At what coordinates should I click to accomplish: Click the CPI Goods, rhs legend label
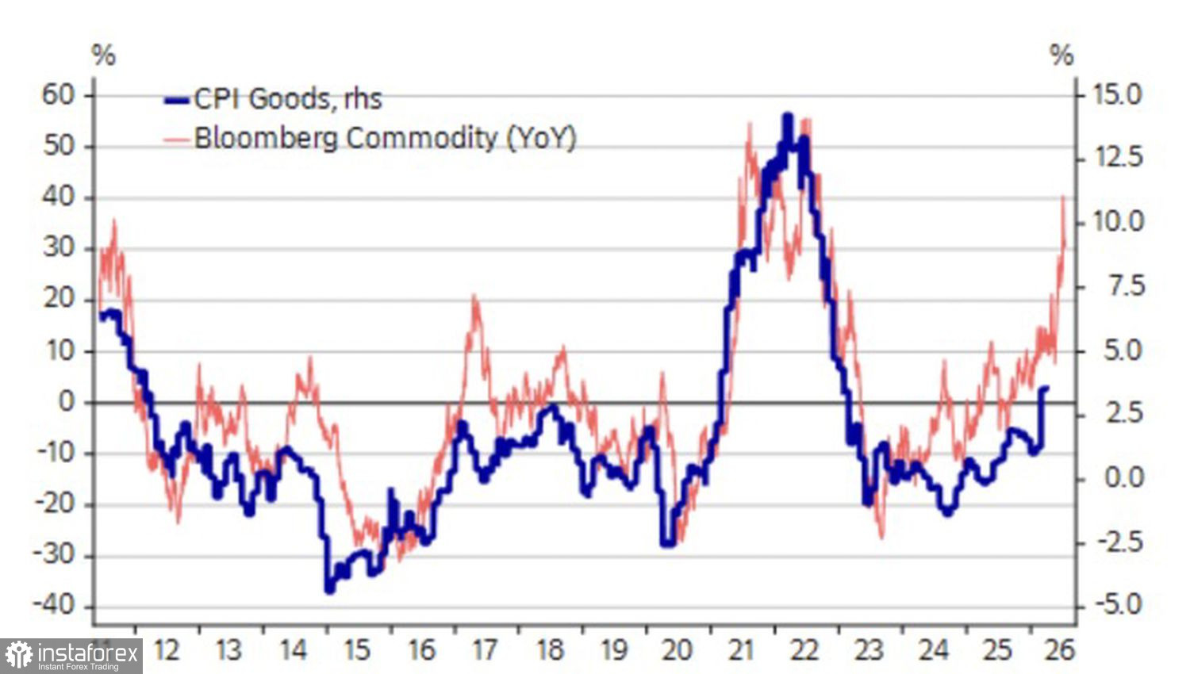(288, 99)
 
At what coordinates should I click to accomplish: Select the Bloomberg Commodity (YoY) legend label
(385, 138)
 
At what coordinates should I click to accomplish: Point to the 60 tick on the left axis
(58, 95)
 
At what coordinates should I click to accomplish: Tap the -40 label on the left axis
(53, 606)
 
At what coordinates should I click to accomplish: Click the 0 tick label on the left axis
(67, 402)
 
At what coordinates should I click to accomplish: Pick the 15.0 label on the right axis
(1118, 95)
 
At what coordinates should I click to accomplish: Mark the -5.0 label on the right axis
(1118, 605)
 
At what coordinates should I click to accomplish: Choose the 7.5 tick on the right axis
(1124, 286)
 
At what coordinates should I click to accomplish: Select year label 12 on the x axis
(165, 650)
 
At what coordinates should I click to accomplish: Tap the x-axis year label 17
(485, 650)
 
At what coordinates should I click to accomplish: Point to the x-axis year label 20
(676, 650)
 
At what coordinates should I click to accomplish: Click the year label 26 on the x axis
(1059, 650)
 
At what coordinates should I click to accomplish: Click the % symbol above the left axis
(104, 56)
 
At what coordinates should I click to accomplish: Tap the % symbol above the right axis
(1061, 56)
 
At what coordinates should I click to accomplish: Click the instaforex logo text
(88, 655)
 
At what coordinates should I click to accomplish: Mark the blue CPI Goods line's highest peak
(787, 116)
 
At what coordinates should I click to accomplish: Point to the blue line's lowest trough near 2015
(330, 590)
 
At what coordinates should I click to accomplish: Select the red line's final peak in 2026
(1063, 196)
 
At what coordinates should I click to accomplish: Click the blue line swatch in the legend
(178, 100)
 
